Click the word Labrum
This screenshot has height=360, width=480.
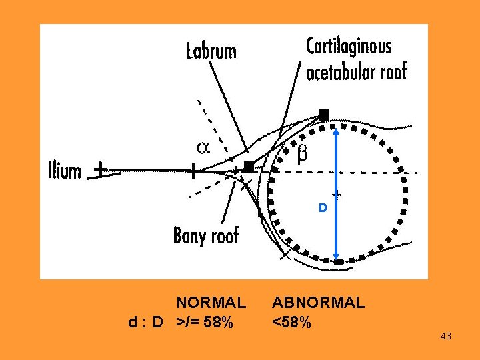coord(211,51)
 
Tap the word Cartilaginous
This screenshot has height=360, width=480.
coord(349,47)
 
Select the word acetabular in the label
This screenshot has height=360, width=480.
coord(337,71)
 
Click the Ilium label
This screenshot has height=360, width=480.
coord(65,171)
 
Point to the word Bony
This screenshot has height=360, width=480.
coord(188,235)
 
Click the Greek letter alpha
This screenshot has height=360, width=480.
coord(203,147)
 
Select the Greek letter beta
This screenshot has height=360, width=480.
coord(302,155)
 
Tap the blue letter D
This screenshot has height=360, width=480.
coord(322,208)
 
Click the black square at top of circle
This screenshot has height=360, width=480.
coord(323,114)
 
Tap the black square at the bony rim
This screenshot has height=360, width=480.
coord(249,166)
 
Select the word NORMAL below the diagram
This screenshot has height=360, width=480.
coord(211,303)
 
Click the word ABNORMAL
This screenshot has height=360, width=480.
coord(318,303)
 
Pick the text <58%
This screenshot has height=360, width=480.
coord(291,323)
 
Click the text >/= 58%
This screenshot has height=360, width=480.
coord(205,323)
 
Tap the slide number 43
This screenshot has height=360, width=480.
coord(446,337)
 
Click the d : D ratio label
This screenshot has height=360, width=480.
coord(146,323)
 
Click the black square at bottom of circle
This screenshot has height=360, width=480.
coord(339,262)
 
